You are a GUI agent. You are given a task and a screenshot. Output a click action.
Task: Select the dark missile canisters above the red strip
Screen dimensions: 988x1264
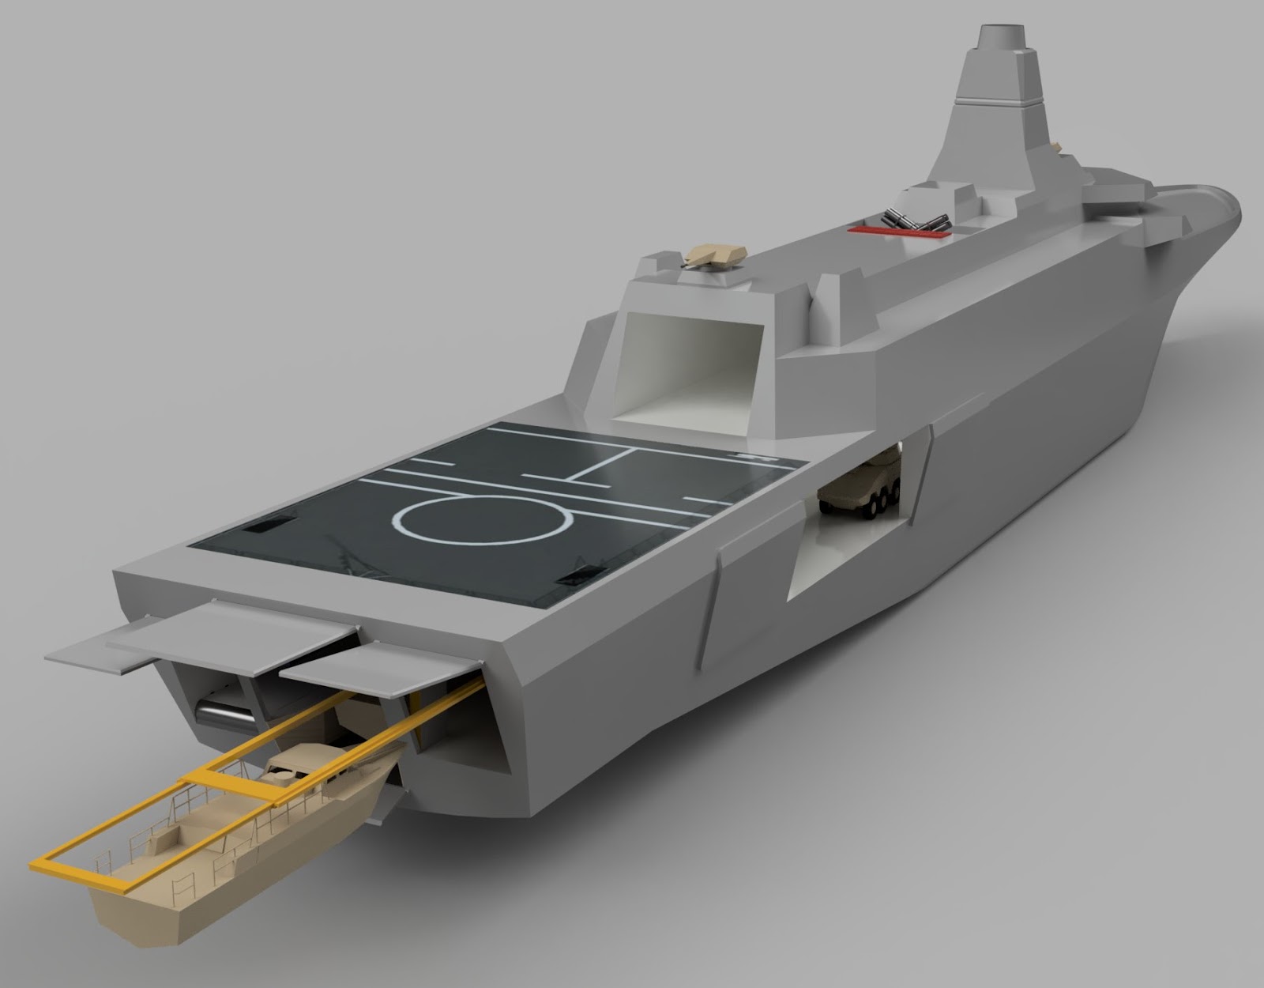click(916, 219)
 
